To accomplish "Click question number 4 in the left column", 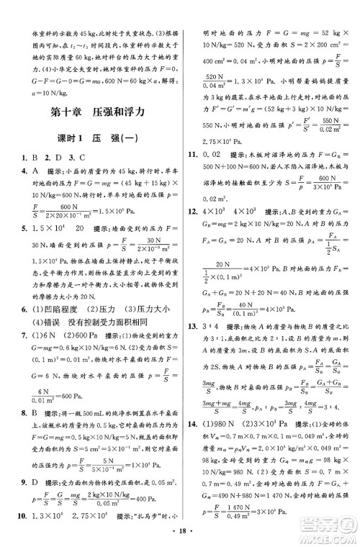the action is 25,171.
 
